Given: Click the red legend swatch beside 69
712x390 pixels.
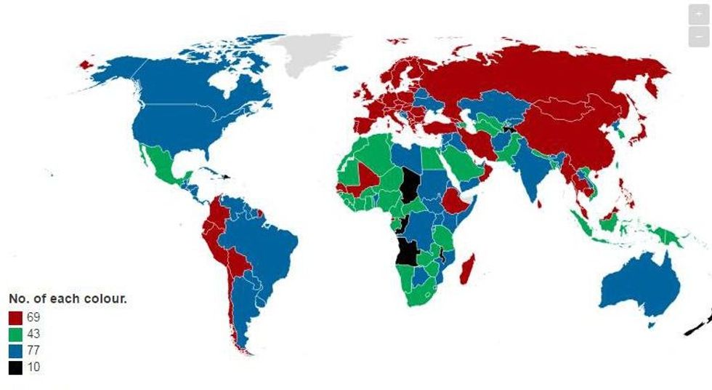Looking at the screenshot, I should pos(15,318).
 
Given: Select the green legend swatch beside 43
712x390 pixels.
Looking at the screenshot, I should pos(15,335).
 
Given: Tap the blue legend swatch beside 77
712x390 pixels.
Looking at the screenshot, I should pos(15,351).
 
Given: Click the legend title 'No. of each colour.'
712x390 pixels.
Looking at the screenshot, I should pos(68,299).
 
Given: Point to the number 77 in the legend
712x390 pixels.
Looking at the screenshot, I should pos(33,351).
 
